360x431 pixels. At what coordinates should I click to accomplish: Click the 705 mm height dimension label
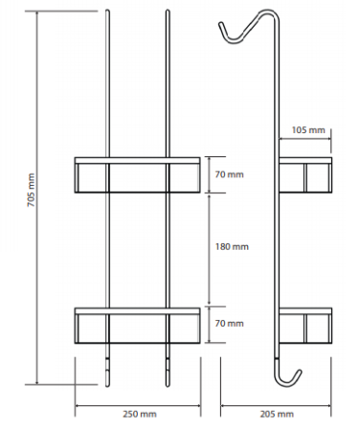tap(32, 191)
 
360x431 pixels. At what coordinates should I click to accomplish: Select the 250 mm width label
tap(140, 414)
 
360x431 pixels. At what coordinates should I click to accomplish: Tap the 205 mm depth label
tap(277, 414)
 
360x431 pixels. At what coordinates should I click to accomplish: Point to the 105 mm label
tap(308, 130)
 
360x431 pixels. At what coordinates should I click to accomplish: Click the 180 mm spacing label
tap(232, 246)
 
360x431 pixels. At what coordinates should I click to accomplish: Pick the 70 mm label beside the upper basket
tap(229, 174)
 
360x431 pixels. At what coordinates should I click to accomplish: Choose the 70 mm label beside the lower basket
tap(229, 323)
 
